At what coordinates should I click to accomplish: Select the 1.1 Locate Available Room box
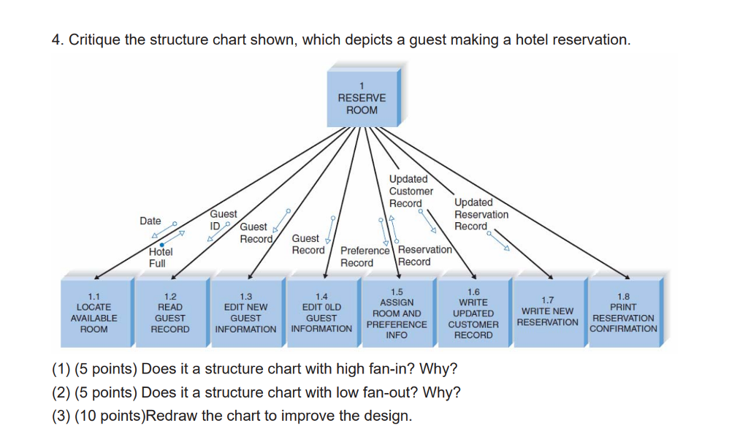(x=93, y=313)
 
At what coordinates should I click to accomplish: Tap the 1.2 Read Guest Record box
(x=169, y=313)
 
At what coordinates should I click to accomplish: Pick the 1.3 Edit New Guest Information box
(x=245, y=313)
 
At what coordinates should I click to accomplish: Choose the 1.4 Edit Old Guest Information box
(x=321, y=313)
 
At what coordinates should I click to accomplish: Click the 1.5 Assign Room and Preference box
(x=397, y=313)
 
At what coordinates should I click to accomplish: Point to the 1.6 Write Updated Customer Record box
(x=473, y=313)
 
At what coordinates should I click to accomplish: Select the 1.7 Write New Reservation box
(x=548, y=313)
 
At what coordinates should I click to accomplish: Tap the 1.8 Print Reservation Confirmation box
(x=623, y=313)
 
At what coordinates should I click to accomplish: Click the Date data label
(x=150, y=221)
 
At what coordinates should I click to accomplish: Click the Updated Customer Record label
(x=411, y=191)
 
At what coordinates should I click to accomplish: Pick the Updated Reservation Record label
(x=481, y=214)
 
